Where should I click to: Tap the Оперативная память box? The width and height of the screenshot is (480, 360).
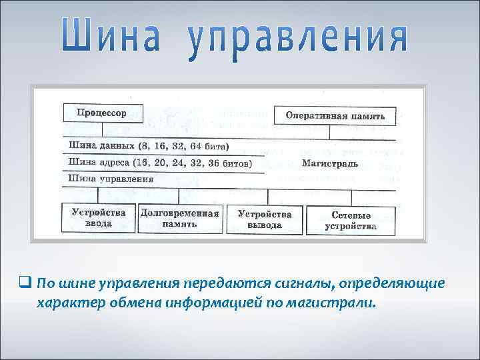[335, 116]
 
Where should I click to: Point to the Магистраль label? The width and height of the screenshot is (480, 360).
[329, 163]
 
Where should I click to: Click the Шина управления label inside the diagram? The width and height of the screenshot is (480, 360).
[111, 178]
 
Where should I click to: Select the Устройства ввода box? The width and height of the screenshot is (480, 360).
[98, 219]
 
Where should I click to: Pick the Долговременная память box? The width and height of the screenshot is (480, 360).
[179, 219]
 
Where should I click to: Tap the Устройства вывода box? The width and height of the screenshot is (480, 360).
[264, 219]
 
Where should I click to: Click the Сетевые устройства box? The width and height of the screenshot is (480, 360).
[351, 221]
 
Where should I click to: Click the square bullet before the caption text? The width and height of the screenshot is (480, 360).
[26, 283]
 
